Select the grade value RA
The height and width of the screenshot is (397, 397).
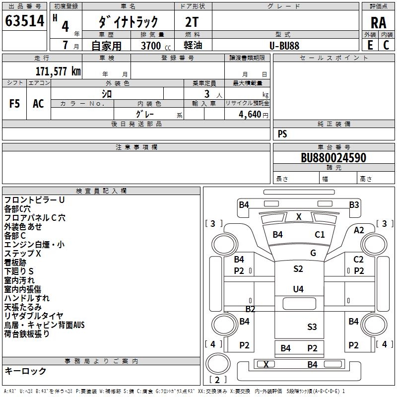pos(378,22)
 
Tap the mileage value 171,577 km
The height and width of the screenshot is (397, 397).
pos(58,71)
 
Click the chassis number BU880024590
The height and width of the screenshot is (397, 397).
pos(333,158)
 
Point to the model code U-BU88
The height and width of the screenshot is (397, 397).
pos(284,46)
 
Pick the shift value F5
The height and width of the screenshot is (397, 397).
pos(15,103)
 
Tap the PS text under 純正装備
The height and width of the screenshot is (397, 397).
pos(282,133)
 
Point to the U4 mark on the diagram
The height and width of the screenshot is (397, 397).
pos(298,289)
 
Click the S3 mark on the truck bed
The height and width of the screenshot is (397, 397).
pos(312,327)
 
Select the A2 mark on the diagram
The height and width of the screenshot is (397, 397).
pos(359,230)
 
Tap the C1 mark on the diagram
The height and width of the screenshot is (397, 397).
pos(320,235)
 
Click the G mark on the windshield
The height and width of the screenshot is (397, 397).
pos(313,253)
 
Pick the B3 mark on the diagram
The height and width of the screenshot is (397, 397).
pos(354,204)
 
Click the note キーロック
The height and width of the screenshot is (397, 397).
pos(25,371)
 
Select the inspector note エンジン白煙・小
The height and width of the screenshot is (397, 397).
pos(34,244)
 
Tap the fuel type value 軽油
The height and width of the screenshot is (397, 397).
pos(192,46)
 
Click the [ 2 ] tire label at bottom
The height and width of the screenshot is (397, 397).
pos(215,380)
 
